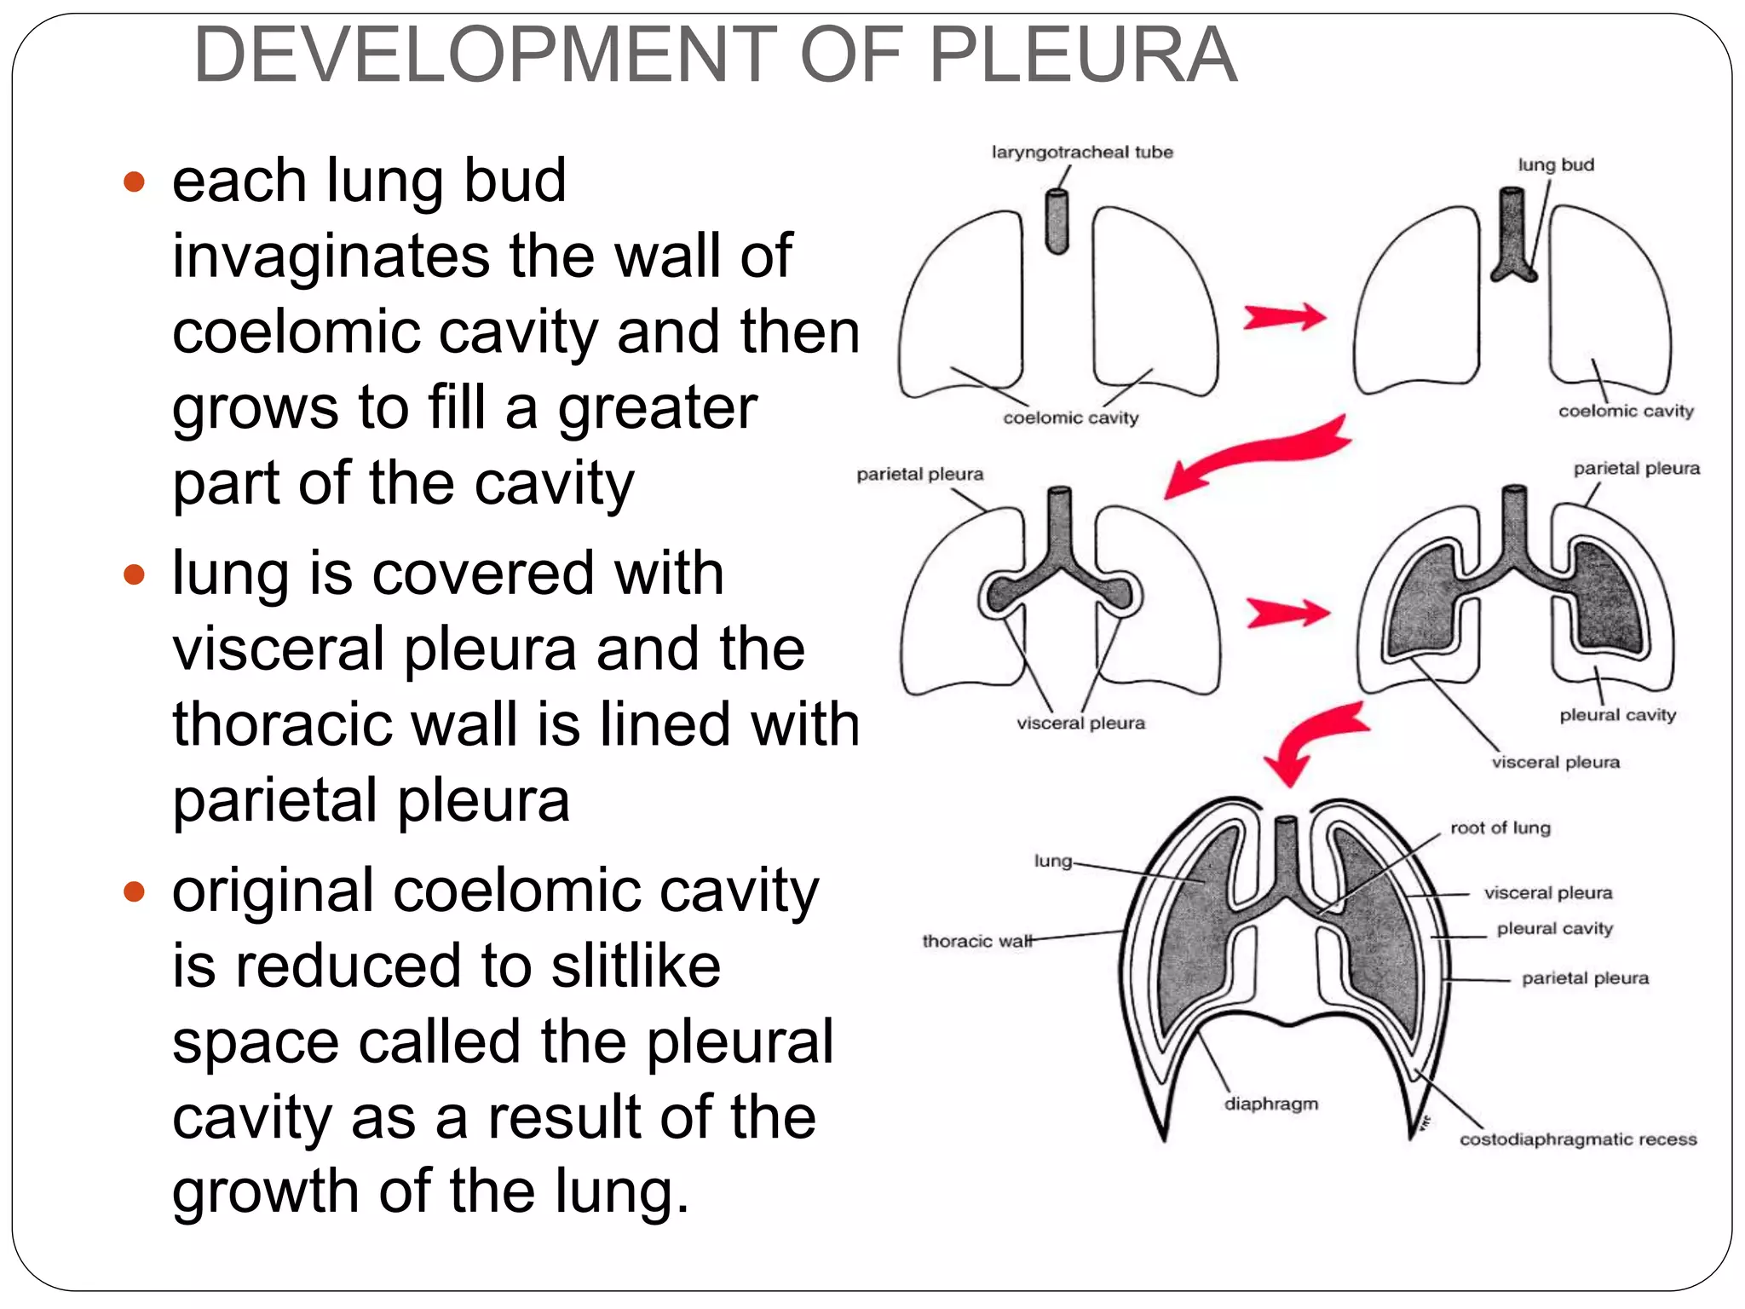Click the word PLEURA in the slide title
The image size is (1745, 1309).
pos(1082,56)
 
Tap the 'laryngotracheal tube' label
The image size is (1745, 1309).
pos(1082,153)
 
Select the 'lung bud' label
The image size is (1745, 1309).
pos(1555,165)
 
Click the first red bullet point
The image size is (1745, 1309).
pos(134,182)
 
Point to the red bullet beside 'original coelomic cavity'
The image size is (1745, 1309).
pos(134,892)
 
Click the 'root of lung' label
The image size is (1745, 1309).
pos(1500,828)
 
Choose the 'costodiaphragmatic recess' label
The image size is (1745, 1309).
pos(1578,1139)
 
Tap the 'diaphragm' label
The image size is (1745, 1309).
pos(1270,1104)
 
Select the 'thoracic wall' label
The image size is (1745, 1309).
pos(976,941)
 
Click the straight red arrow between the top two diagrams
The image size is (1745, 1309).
pos(1284,317)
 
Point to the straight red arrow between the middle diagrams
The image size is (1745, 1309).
pos(1287,613)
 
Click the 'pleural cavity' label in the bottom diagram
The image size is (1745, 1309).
pos(1554,929)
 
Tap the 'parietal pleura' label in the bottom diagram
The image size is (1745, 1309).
pos(1585,978)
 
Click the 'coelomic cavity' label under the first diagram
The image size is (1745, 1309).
pos(1070,418)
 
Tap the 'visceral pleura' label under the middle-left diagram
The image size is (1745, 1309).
pos(1080,724)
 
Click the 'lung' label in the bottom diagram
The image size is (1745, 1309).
pos(1052,861)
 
